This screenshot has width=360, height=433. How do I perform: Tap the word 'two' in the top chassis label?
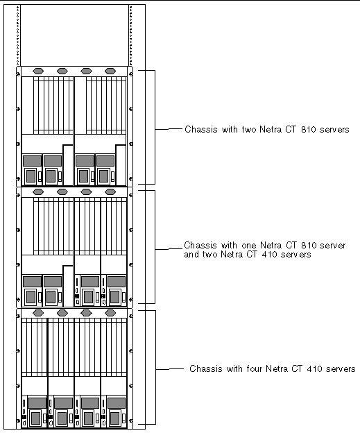[249, 129]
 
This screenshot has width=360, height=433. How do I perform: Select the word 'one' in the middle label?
[249, 245]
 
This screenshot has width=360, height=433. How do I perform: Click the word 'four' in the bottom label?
[255, 368]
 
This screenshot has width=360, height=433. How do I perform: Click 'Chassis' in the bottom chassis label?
[206, 368]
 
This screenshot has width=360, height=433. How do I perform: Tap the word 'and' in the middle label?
[191, 255]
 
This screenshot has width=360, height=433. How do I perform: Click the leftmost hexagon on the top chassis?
[38, 71]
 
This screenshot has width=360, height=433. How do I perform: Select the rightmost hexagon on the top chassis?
[110, 71]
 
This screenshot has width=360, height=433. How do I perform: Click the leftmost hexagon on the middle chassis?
[38, 192]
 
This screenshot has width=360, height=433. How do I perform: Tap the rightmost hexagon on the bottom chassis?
[110, 313]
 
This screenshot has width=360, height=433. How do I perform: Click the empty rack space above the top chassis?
[74, 35]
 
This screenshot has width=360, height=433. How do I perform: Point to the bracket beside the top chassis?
[155, 127]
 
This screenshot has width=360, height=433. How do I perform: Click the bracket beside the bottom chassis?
[155, 367]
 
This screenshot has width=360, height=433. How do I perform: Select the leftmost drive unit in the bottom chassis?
[35, 411]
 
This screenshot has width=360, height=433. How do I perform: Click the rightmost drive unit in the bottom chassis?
[114, 411]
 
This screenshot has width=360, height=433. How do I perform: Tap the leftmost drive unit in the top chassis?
[32, 169]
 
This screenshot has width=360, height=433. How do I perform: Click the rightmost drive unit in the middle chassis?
[114, 290]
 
